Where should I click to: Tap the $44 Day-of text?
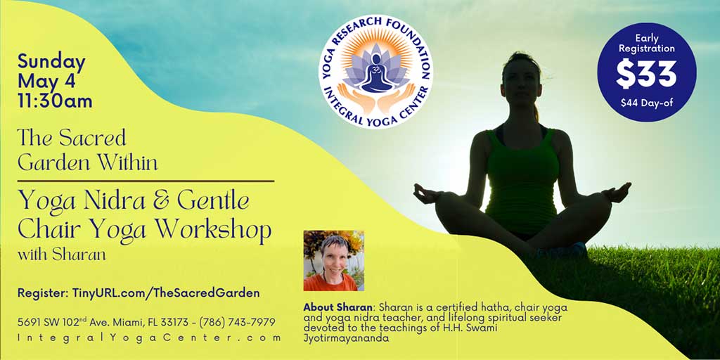[647, 103]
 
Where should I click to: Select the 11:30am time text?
[55, 101]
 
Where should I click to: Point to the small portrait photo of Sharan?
[334, 260]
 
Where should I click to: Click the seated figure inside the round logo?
[377, 73]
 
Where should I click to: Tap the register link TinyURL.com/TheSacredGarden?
[166, 293]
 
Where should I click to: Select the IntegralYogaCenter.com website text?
[149, 338]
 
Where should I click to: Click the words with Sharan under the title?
[62, 255]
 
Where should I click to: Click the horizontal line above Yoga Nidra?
[146, 181]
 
